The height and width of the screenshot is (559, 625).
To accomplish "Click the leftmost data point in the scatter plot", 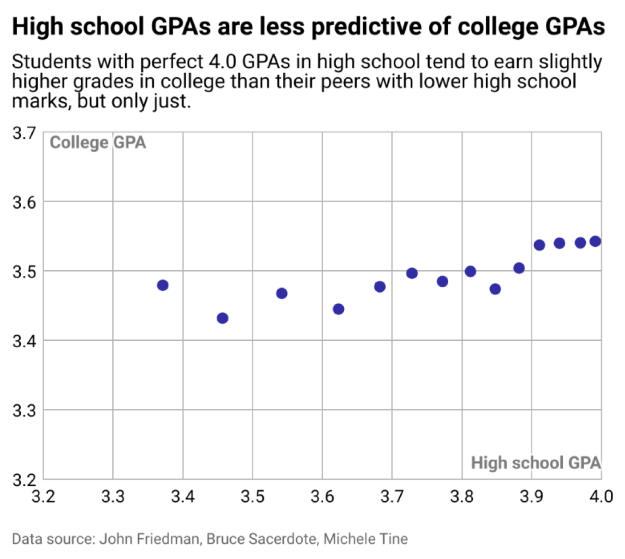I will [163, 285].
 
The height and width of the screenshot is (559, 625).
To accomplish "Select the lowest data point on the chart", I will [222, 318].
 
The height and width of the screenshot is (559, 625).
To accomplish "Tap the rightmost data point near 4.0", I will [595, 241].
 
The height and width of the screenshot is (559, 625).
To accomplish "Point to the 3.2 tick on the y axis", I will [24, 480].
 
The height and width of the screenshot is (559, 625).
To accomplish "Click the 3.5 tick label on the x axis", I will [252, 496].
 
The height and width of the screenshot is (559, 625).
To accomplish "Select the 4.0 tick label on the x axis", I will [601, 496].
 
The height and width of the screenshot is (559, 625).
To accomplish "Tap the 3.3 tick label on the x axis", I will [113, 496].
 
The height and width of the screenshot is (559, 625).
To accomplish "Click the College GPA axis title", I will [98, 142].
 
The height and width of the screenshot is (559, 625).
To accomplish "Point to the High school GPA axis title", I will [536, 462].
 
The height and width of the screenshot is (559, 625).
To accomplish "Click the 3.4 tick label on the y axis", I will [24, 341].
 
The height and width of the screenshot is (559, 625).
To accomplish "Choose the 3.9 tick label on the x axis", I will [531, 496].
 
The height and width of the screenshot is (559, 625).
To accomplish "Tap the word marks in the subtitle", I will [41, 101].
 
